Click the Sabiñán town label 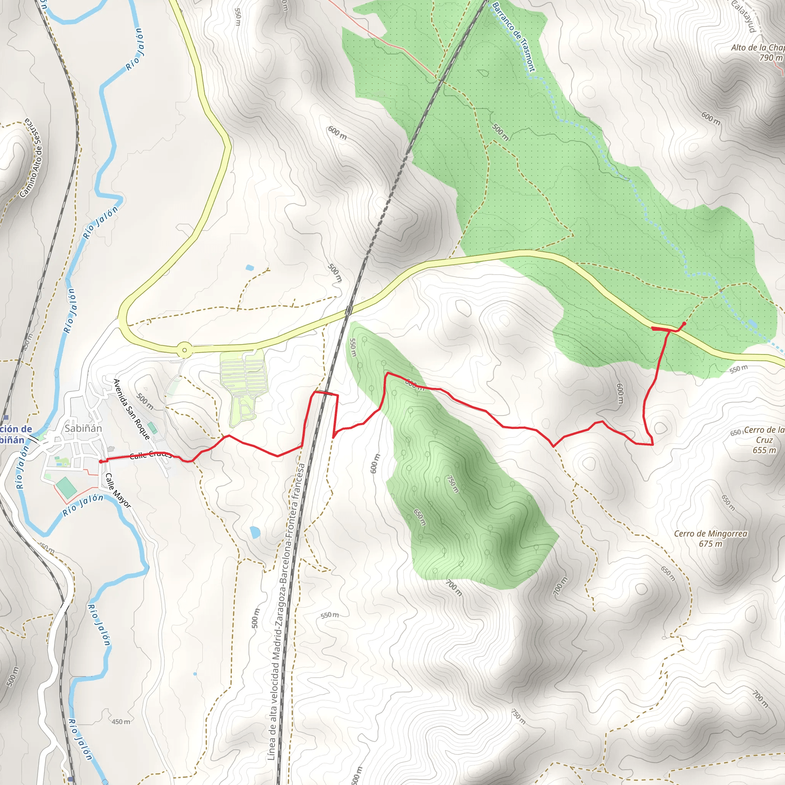coord(83,428)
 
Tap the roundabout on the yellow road coord(185,350)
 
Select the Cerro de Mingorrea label coord(711,534)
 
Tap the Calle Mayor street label coord(118,490)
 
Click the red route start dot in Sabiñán coord(101,461)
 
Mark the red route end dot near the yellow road coord(685,324)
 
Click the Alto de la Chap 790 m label coord(758,53)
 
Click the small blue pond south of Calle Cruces coord(255,532)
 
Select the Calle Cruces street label coord(151,455)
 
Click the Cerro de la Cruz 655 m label coord(764,440)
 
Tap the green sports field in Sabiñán coord(66,488)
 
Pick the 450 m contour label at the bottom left coord(121,722)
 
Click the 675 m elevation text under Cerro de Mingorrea coord(711,544)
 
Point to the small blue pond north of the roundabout coord(250,268)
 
